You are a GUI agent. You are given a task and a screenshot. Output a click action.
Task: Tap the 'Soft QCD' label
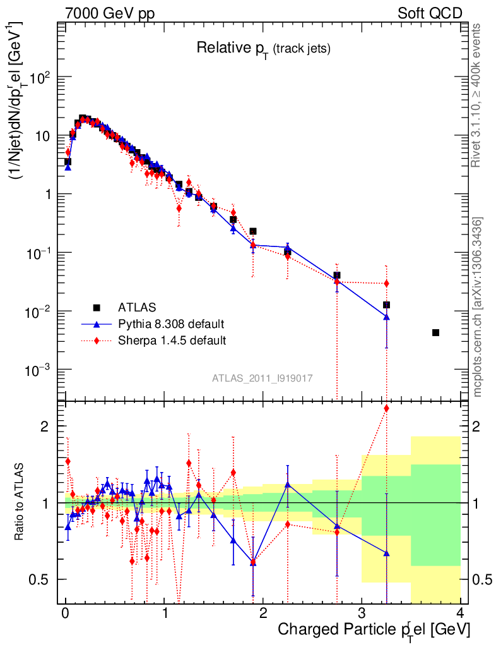click(x=430, y=13)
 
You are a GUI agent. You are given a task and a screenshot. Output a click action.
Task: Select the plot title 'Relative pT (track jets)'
click(x=263, y=48)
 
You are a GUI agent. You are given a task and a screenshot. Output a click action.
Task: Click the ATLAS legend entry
click(x=136, y=308)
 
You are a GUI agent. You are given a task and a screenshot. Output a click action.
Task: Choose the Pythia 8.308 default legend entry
click(x=171, y=324)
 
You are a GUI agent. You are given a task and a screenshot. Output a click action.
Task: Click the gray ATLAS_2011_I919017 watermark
click(x=262, y=378)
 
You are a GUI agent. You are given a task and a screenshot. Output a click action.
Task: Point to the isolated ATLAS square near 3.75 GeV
click(x=435, y=332)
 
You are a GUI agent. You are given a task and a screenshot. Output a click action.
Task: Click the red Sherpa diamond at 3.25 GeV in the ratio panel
click(x=386, y=408)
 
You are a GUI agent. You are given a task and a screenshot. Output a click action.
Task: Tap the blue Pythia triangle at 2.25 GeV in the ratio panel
click(x=288, y=485)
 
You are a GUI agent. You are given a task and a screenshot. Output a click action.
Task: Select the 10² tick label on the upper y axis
click(x=39, y=77)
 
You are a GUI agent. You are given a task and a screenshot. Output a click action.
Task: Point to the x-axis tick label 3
click(x=362, y=614)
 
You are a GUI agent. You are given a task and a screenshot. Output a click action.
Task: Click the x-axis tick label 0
click(x=65, y=614)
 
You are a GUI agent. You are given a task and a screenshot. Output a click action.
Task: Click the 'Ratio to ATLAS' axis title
click(x=20, y=502)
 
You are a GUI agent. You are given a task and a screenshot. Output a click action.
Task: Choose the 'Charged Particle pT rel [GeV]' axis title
click(x=374, y=630)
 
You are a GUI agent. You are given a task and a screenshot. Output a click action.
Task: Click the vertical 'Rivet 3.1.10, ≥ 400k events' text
click(x=477, y=95)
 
